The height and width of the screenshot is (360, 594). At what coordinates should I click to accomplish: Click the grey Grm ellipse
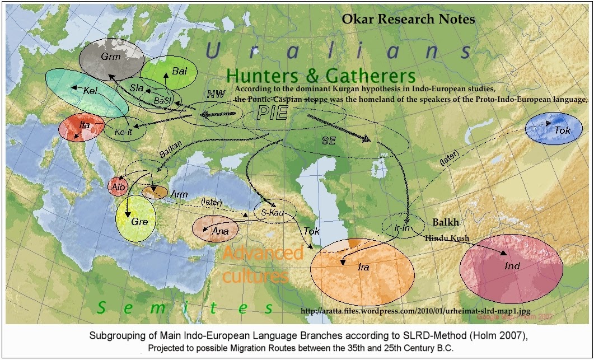pyautogui.click(x=110, y=58)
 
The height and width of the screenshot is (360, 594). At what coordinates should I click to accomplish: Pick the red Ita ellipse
pyautogui.click(x=81, y=128)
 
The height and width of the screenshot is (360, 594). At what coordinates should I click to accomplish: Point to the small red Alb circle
pyautogui.click(x=118, y=186)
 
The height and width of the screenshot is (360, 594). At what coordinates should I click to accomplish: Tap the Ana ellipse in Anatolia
pyautogui.click(x=216, y=229)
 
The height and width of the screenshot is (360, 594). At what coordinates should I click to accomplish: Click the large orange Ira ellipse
pyautogui.click(x=363, y=268)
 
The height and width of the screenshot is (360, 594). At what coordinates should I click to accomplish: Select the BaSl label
pyautogui.click(x=164, y=100)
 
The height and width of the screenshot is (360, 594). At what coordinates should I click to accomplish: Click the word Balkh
pyautogui.click(x=446, y=222)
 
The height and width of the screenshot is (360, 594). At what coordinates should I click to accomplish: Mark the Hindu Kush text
pyautogui.click(x=446, y=239)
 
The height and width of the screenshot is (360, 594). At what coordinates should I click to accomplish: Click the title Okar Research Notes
pyautogui.click(x=409, y=19)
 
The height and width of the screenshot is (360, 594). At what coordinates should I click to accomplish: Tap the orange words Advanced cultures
pyautogui.click(x=262, y=264)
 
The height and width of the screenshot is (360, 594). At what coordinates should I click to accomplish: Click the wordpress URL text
pyautogui.click(x=415, y=311)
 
